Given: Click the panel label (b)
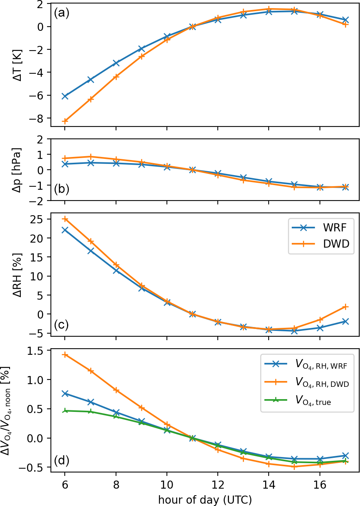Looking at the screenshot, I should point(61,190).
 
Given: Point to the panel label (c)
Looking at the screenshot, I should point(61,325).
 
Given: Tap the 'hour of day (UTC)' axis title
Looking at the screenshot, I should point(205,499).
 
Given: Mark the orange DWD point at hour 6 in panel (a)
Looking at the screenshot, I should point(65,121).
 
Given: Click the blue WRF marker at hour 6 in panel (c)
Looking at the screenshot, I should point(65,230).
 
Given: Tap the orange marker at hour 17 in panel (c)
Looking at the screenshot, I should point(345,307).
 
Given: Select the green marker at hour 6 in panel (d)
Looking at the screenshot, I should point(65,411).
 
